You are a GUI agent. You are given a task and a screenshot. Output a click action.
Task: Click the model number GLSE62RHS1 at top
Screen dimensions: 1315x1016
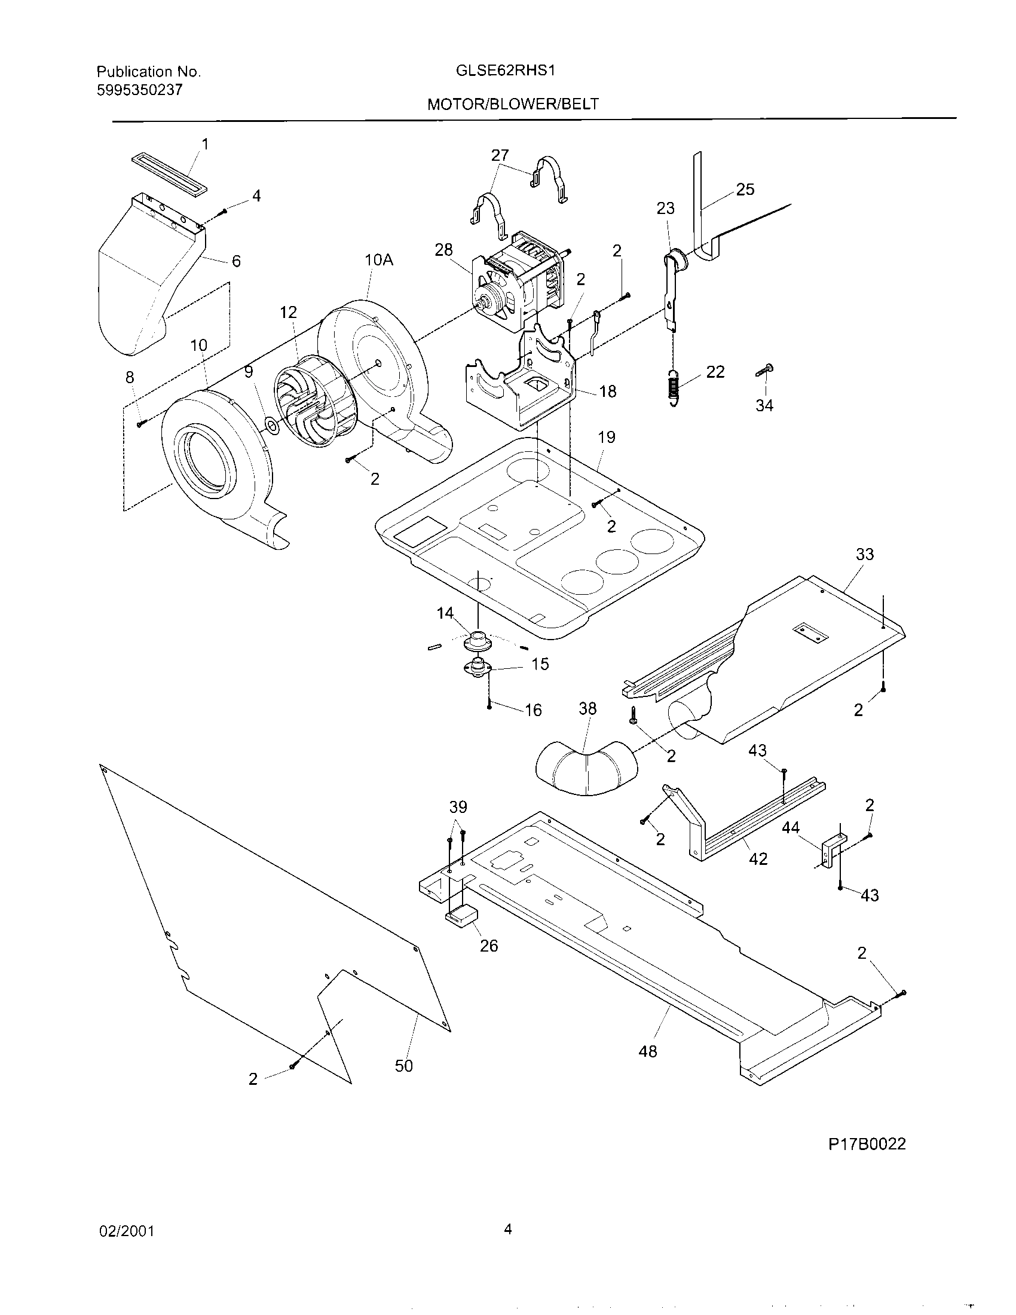(x=505, y=71)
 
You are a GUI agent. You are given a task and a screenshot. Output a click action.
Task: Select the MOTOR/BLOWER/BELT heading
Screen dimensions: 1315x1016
(x=513, y=104)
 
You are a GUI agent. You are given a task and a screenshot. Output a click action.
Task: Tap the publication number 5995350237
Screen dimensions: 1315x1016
(x=139, y=90)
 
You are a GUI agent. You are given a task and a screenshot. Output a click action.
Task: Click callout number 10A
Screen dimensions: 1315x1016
(x=378, y=260)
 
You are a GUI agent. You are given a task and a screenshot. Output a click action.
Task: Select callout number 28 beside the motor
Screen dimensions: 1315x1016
(x=443, y=250)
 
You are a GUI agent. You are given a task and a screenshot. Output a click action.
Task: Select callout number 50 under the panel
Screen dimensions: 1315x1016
(x=404, y=1066)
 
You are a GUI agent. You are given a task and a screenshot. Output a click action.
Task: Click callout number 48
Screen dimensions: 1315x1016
(x=648, y=1051)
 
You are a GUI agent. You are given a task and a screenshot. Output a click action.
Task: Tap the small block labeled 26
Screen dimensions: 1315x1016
(x=460, y=916)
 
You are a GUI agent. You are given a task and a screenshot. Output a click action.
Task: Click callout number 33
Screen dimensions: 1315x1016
(x=864, y=554)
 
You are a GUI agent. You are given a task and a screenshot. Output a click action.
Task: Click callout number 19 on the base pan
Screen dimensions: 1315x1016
(x=607, y=437)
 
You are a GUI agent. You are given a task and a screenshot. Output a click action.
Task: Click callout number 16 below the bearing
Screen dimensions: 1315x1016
(x=533, y=711)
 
